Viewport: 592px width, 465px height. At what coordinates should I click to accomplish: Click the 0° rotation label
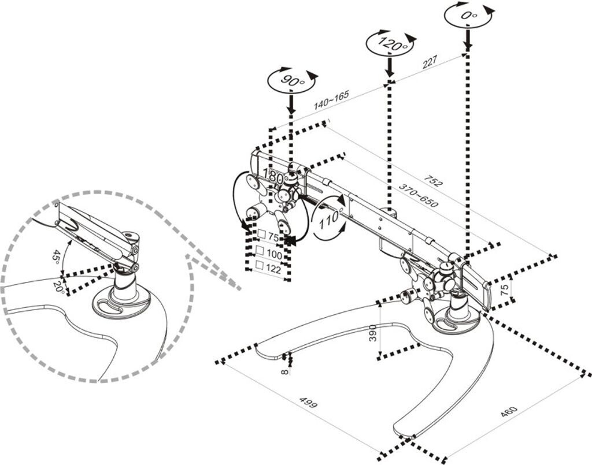[469, 16]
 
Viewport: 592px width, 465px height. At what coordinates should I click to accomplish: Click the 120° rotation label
[390, 42]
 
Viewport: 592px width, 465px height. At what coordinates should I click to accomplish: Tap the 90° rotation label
[292, 80]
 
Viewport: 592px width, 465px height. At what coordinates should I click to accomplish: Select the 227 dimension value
[430, 62]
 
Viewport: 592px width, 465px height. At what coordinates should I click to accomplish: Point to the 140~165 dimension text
[331, 100]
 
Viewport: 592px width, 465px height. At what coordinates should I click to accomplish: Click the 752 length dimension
[434, 181]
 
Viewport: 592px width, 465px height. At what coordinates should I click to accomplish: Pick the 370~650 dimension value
[418, 196]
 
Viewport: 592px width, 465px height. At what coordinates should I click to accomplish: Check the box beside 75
[261, 235]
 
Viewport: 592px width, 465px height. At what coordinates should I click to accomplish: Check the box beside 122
[260, 265]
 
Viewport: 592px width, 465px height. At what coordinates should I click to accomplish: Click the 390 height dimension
[373, 333]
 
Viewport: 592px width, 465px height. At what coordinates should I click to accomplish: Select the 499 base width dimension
[308, 403]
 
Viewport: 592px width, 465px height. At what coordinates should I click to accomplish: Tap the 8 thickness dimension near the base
[284, 370]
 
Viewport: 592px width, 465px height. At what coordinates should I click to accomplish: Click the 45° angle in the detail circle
[57, 256]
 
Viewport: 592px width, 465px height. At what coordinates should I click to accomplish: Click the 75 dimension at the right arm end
[505, 288]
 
